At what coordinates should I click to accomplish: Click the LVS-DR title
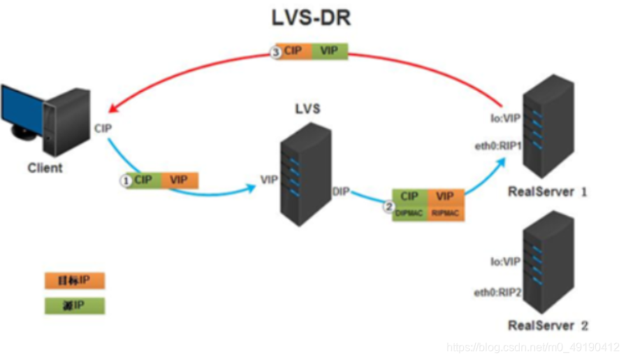(x=312, y=17)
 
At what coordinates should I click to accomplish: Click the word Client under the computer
(x=45, y=168)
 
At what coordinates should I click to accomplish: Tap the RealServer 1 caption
(x=548, y=192)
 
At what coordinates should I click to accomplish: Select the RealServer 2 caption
(x=548, y=325)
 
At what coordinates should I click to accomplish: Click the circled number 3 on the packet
(x=276, y=51)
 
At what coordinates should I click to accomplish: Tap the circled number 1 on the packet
(x=126, y=180)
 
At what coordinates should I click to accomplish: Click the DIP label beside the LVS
(x=340, y=191)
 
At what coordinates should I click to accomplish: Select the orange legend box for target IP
(x=75, y=281)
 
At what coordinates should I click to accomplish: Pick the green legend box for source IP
(x=75, y=305)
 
